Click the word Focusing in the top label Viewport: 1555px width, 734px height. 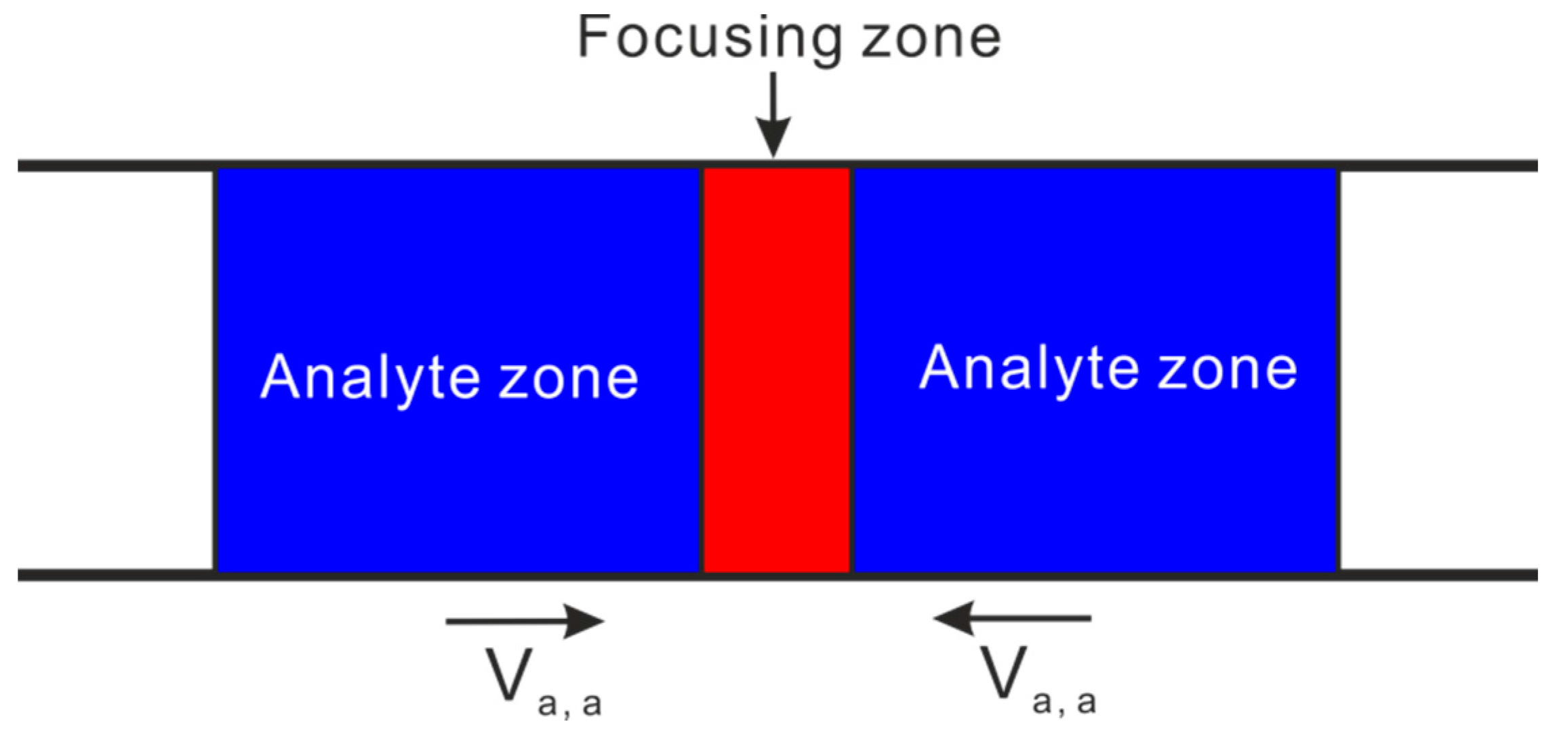click(x=708, y=39)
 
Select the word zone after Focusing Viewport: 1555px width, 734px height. click(x=931, y=39)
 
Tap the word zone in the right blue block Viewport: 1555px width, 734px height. click(x=1228, y=369)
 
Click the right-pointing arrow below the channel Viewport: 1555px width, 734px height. click(x=525, y=621)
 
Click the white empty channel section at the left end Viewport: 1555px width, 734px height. click(x=115, y=369)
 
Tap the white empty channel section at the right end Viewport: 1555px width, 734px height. click(x=1437, y=369)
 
